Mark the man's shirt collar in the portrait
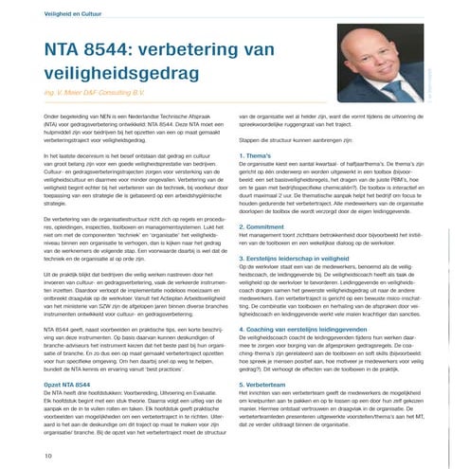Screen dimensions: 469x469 coord(375,106)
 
